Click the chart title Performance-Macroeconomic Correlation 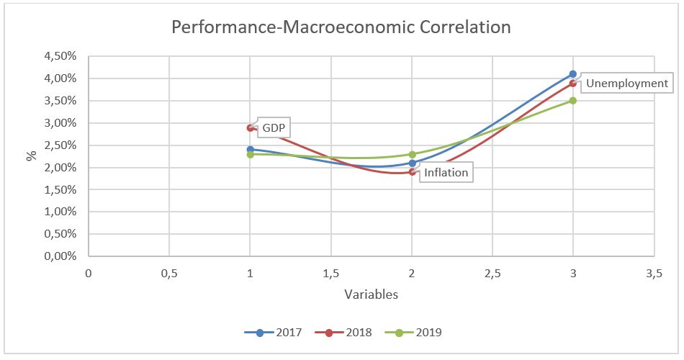coord(341,27)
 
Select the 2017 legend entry coord(273,332)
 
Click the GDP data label coord(274,128)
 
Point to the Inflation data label coord(446,172)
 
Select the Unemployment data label coord(626,83)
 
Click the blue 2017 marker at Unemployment coord(573,74)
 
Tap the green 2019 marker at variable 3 coord(573,101)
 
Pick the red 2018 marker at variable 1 coord(250,127)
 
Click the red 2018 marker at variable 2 coord(412,172)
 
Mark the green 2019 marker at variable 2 coord(412,154)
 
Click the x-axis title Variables coord(371,294)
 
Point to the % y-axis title coord(31,156)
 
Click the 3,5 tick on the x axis coord(654,274)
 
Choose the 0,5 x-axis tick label coord(169,274)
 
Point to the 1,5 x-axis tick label coord(331,274)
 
